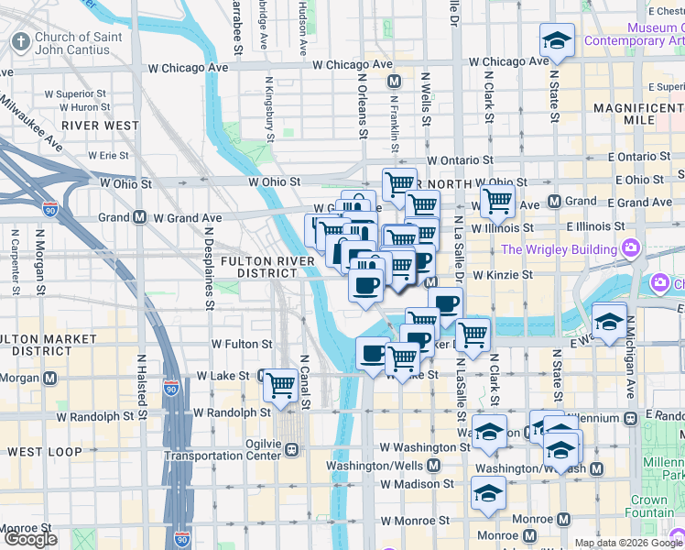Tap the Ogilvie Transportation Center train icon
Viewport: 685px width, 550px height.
[292, 449]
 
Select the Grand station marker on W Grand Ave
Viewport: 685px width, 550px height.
[140, 217]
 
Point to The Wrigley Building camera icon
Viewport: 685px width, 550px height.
[631, 248]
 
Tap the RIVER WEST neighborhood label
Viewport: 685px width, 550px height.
[101, 126]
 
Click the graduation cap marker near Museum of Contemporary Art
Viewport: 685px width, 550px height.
[556, 40]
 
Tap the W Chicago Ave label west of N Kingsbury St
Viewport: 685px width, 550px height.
[192, 68]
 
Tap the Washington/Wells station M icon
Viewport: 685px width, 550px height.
[434, 465]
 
